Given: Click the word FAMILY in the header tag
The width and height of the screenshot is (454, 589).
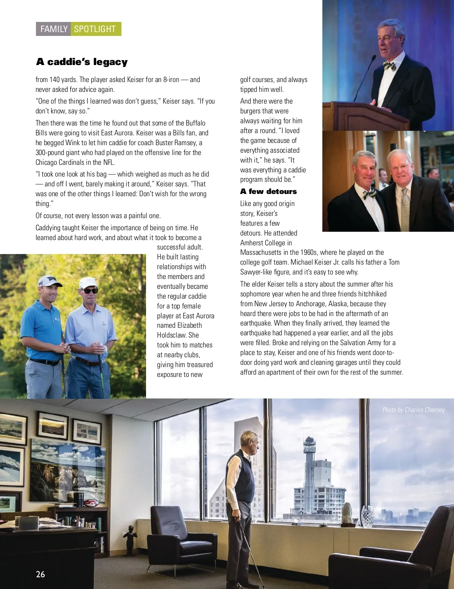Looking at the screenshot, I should [54, 29].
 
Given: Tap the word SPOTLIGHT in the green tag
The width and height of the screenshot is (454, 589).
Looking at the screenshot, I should [95, 29].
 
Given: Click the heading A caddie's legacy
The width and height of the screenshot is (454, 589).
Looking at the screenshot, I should [82, 62].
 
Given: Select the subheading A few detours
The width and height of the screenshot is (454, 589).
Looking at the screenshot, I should [268, 191].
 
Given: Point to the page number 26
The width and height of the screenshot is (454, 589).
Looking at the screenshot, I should [40, 574].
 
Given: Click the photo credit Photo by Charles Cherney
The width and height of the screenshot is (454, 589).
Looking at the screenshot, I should [413, 410].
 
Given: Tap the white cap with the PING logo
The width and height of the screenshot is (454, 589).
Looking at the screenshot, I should [47, 281].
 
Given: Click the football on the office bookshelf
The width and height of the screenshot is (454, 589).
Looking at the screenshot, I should [91, 503].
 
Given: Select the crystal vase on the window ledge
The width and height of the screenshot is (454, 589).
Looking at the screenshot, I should [367, 516].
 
